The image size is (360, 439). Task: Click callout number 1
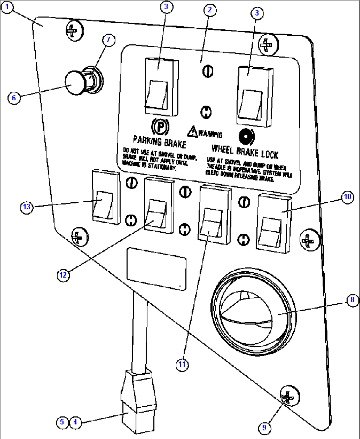pyautogui.click(x=7, y=7)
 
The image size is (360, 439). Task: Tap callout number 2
pyautogui.click(x=210, y=10)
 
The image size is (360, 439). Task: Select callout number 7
pyautogui.click(x=108, y=40)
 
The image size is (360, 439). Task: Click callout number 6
pyautogui.click(x=14, y=98)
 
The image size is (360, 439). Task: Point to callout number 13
pyautogui.click(x=27, y=207)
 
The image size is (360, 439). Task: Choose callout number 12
pyautogui.click(x=63, y=275)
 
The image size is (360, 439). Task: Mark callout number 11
pyautogui.click(x=182, y=364)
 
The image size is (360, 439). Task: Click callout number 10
pyautogui.click(x=347, y=197)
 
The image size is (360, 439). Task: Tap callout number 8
pyautogui.click(x=352, y=299)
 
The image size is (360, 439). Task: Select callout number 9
pyautogui.click(x=264, y=428)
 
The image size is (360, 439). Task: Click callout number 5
pyautogui.click(x=62, y=422)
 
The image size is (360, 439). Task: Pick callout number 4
pyautogui.click(x=75, y=422)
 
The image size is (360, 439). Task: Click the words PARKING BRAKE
pyautogui.click(x=160, y=142)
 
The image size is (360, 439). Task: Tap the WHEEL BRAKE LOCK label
pyautogui.click(x=245, y=152)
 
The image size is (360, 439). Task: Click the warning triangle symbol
pyautogui.click(x=192, y=131)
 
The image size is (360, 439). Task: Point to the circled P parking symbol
pyautogui.click(x=160, y=126)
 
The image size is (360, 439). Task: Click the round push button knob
pyautogui.click(x=75, y=83)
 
